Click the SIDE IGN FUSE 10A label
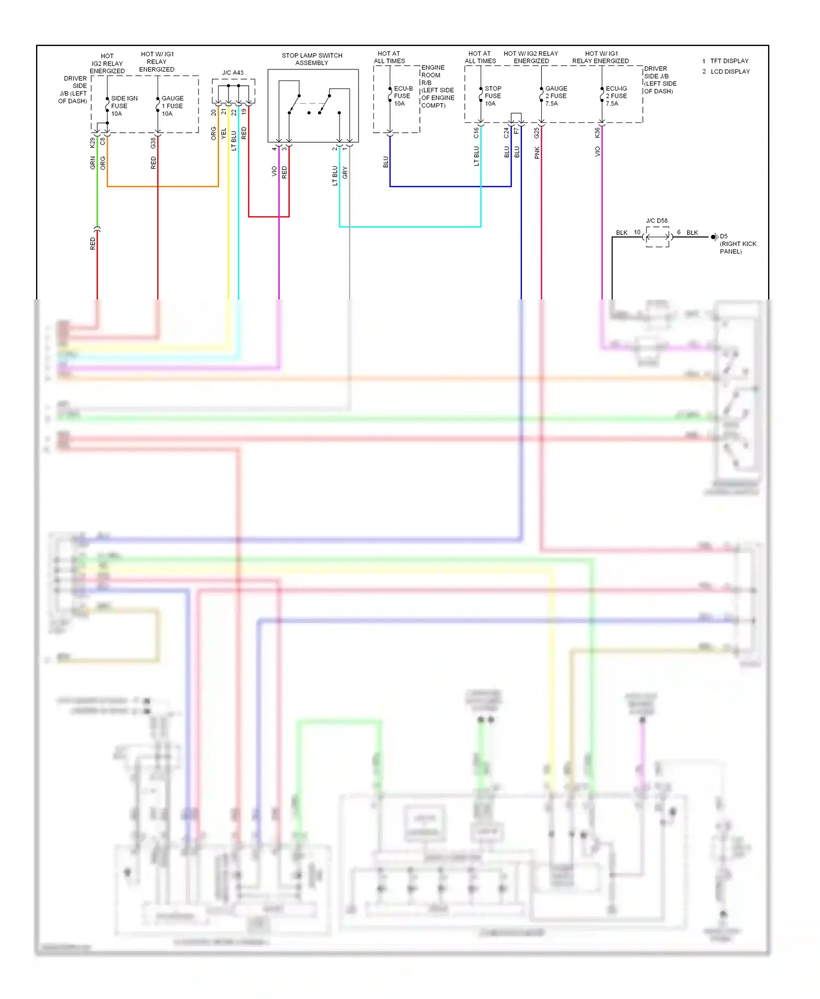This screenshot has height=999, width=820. pos(124,106)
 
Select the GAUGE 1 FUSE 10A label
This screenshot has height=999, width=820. pos(172,106)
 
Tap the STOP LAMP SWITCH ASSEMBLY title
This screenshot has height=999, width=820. pos(312,59)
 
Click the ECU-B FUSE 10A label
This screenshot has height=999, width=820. pos(403,96)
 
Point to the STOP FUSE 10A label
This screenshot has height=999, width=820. pos(493,96)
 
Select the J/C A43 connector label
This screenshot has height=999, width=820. pos(233,73)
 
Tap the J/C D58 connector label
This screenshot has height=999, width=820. pos(657,221)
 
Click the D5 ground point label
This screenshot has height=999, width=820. pos(723,237)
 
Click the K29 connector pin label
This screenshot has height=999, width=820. pos(92,143)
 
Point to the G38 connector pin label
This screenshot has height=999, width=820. pos(153,143)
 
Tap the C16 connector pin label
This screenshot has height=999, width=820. pos(476,133)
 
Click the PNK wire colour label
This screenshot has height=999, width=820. pos(537,153)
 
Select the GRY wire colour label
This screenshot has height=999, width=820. pos(345,173)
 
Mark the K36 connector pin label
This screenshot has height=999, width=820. pos(598,133)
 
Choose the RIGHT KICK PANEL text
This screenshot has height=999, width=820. pos(737,248)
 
